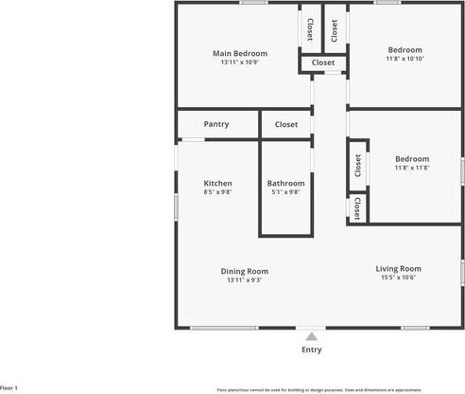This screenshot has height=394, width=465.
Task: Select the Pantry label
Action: pos(216,124)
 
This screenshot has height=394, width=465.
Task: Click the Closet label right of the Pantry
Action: pos(286,124)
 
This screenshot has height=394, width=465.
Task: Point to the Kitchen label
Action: pos(217,183)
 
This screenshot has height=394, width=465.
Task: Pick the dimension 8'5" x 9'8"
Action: pos(217,192)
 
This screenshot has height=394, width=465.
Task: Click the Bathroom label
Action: pos(285,183)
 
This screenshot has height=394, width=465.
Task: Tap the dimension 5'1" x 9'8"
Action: pos(285,192)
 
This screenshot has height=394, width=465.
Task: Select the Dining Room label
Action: pos(245,271)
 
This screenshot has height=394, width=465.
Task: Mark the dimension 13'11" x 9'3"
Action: pos(245,280)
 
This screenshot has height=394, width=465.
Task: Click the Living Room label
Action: pos(398,268)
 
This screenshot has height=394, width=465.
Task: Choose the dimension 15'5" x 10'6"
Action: pos(398,278)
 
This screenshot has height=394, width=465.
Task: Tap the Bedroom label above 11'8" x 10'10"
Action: pos(405,49)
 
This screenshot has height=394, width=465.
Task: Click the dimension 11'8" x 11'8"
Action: pos(412,168)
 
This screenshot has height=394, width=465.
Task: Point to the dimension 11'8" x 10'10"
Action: pos(405,59)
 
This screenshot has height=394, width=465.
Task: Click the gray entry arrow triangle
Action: pos(311,335)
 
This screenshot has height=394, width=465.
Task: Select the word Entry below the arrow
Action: pos(311,349)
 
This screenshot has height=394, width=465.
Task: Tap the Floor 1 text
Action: pos(9,388)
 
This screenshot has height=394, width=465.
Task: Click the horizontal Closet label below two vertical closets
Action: pos(323,63)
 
